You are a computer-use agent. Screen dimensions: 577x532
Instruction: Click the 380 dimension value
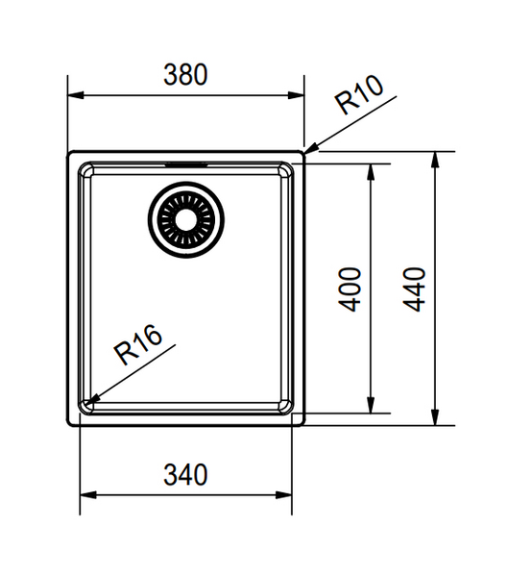184,75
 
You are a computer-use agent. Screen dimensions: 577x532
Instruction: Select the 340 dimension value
184,474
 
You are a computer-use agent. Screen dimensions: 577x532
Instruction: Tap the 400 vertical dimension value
351,288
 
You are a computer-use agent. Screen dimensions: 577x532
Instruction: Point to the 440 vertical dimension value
415,288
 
